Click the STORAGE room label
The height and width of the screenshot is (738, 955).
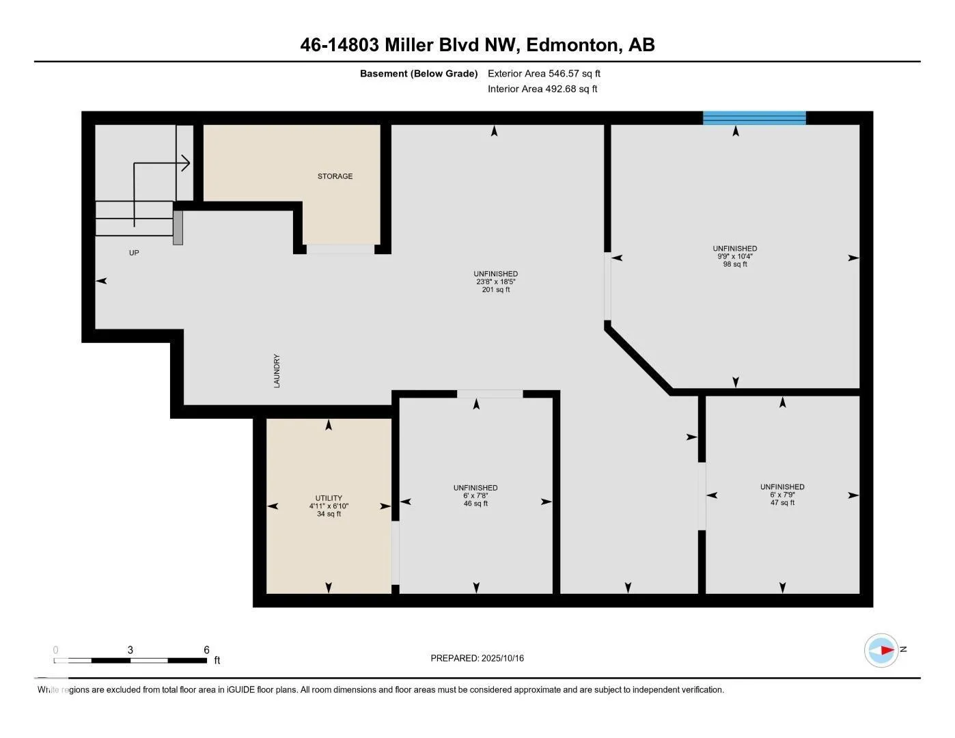click(x=335, y=176)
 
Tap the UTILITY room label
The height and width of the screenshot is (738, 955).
click(x=329, y=498)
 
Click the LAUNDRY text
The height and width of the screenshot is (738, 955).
click(x=277, y=370)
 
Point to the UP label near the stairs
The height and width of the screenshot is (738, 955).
click(x=134, y=253)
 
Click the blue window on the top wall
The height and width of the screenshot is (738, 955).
click(x=754, y=118)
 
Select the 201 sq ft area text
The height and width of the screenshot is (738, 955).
click(x=496, y=290)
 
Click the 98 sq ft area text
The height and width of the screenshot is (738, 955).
click(x=735, y=264)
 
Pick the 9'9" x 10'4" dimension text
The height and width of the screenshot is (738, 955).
click(x=735, y=256)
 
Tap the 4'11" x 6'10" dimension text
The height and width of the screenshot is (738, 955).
click(x=329, y=506)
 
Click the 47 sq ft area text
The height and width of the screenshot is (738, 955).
click(x=782, y=502)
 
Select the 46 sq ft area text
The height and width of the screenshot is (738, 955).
click(x=475, y=504)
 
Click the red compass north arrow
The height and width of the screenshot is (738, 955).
click(x=887, y=650)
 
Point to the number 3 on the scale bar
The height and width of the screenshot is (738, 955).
click(x=130, y=650)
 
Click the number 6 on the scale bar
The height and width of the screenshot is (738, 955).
click(x=206, y=650)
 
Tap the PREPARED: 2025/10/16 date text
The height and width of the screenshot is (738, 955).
click(x=477, y=658)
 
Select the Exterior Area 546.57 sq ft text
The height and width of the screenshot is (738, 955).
click(x=544, y=73)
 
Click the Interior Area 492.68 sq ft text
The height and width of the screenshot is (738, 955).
click(x=542, y=89)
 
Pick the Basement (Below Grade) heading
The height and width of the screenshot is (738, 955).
click(x=419, y=73)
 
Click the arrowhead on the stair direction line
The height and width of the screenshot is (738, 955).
click(x=186, y=163)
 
